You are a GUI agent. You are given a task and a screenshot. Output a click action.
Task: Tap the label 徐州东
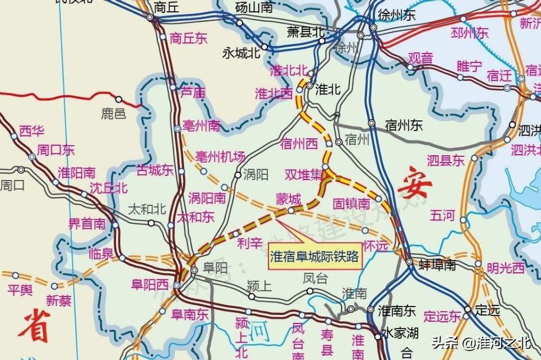(397, 15)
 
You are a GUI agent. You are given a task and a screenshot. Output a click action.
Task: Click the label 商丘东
(189, 39)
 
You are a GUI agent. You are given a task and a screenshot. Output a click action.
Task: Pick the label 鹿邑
(114, 114)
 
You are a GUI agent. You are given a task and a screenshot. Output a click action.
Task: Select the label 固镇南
(351, 203)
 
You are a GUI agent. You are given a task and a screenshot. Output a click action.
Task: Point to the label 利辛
(250, 244)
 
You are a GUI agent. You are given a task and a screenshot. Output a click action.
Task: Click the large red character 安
(415, 186)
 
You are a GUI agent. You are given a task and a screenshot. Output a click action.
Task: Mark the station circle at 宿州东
(372, 123)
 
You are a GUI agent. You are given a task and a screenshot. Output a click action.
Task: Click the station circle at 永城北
(264, 47)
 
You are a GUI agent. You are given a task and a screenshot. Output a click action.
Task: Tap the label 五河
(442, 215)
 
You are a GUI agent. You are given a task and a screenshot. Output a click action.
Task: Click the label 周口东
(56, 150)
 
